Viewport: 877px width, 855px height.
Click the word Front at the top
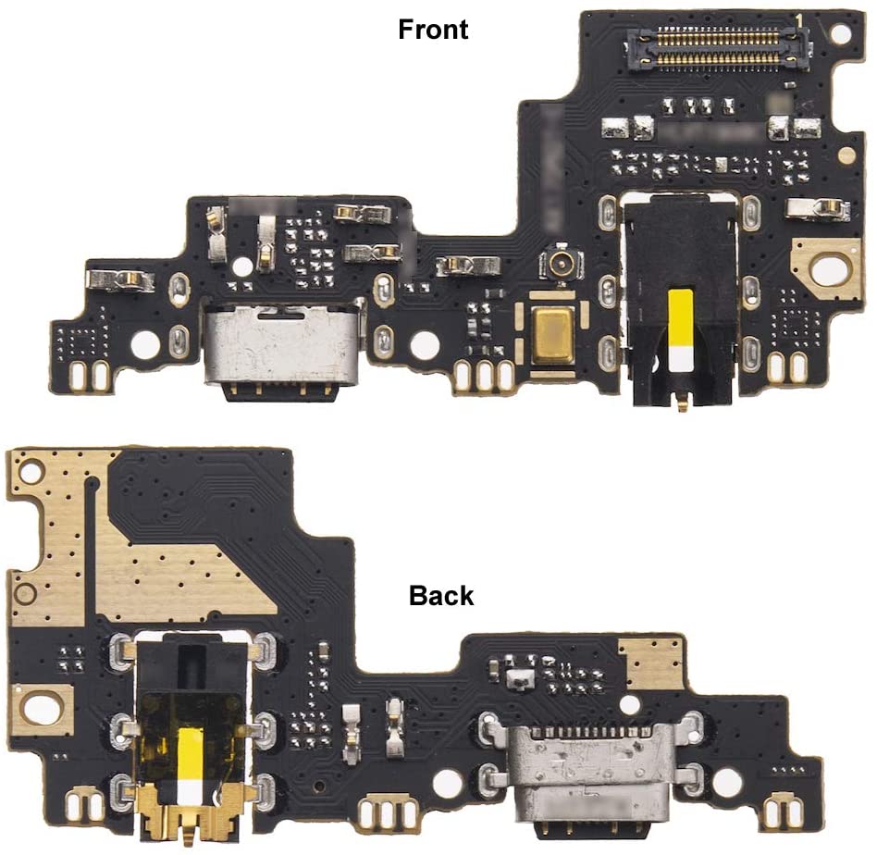point(433,30)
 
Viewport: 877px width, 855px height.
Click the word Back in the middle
point(441,597)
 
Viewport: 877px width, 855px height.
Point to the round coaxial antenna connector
point(560,265)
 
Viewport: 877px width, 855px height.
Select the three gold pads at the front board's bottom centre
point(484,376)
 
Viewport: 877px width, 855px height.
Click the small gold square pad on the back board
point(652,663)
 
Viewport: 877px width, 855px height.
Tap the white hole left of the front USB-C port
point(145,344)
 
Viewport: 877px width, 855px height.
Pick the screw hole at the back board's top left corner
point(31,472)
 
